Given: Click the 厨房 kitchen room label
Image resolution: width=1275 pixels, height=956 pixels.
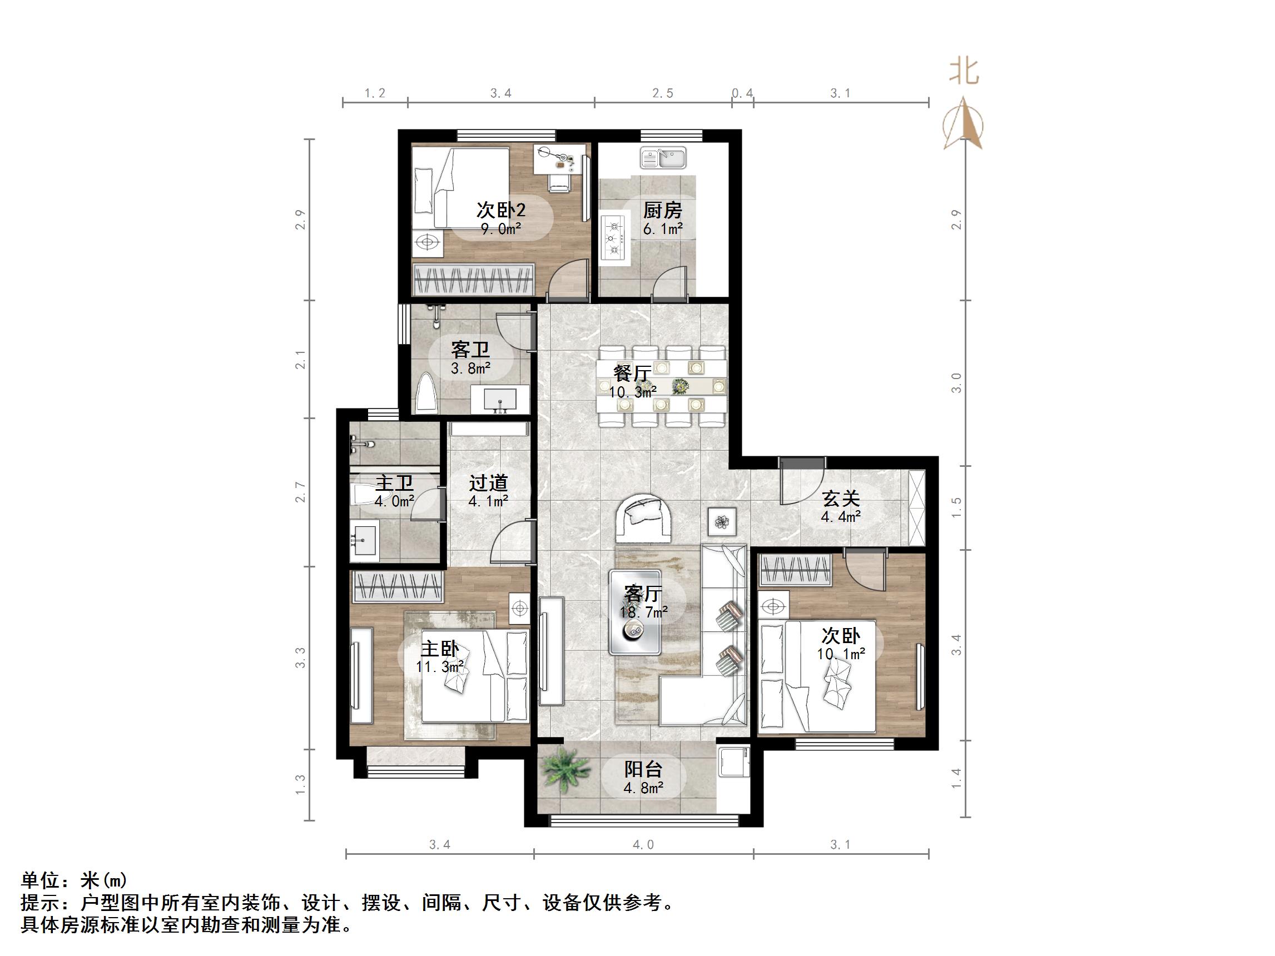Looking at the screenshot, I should click(662, 210).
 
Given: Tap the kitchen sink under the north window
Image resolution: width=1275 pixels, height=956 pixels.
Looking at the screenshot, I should click(663, 157).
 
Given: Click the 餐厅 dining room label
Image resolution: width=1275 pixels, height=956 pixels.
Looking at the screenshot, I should click(632, 374).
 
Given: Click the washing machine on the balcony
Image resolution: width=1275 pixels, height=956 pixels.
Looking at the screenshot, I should click(734, 765).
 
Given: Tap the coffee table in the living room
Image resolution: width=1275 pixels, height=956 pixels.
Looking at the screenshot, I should click(634, 612).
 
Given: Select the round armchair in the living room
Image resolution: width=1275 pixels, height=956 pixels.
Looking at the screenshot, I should click(643, 517).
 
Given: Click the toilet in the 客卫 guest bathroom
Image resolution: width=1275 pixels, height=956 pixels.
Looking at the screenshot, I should click(427, 393).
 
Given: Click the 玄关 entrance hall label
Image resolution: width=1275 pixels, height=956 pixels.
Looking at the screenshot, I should click(840, 499).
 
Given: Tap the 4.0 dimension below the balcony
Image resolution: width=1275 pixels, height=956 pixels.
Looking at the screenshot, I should click(643, 845).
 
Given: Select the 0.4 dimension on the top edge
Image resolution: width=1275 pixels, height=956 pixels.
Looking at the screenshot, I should click(742, 93).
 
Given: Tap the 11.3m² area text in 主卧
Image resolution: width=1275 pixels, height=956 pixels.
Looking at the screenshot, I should click(440, 667).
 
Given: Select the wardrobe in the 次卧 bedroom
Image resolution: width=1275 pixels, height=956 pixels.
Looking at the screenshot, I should click(796, 569).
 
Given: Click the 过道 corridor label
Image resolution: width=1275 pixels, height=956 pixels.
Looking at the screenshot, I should click(488, 483).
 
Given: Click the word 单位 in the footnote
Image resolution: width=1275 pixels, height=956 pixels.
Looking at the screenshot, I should click(41, 880).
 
